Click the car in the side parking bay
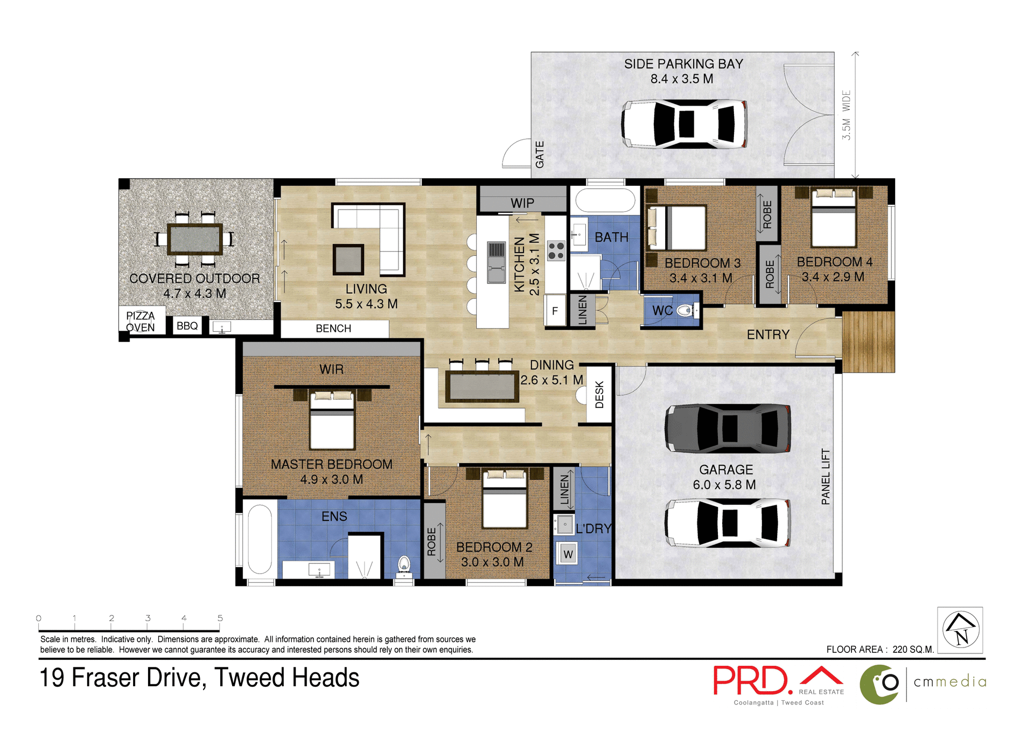(x=684, y=124)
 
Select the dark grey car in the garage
(x=728, y=428)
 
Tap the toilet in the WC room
(x=685, y=310)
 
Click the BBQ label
(x=187, y=326)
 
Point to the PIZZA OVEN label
(x=141, y=322)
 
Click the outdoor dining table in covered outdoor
(x=195, y=239)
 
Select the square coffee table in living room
(x=348, y=260)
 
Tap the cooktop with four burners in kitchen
(x=556, y=250)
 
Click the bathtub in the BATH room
(x=605, y=200)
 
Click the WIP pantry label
(x=522, y=203)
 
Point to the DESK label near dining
(x=599, y=394)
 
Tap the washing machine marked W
(x=568, y=554)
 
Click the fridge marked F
(x=555, y=311)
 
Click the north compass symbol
(x=961, y=630)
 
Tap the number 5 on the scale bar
(x=220, y=618)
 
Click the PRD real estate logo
(x=778, y=683)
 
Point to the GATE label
(x=540, y=155)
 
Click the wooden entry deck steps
(x=868, y=342)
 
